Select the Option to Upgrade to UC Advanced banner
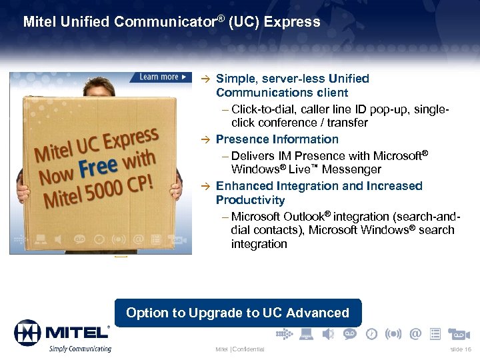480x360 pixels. [237, 313]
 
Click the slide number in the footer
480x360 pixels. [461, 349]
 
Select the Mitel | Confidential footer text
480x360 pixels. [239, 349]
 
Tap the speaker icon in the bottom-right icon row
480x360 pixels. [328, 333]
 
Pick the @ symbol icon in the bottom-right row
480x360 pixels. [415, 333]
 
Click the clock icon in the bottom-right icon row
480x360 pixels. [372, 333]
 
